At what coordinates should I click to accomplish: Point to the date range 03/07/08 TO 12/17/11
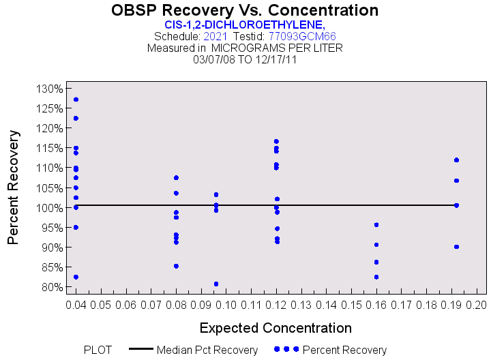pyautogui.click(x=245, y=59)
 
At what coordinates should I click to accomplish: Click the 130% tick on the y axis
pyautogui.click(x=49, y=89)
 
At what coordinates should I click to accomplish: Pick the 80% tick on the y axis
pyautogui.click(x=49, y=287)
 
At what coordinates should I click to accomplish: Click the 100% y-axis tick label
pyautogui.click(x=49, y=208)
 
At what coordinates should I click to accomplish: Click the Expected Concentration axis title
pyautogui.click(x=276, y=327)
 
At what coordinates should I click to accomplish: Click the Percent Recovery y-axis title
pyautogui.click(x=14, y=187)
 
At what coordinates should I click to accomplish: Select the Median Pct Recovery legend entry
pyautogui.click(x=207, y=350)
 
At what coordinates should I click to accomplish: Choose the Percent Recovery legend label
pyautogui.click(x=344, y=350)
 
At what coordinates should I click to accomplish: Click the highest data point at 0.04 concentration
pyautogui.click(x=76, y=100)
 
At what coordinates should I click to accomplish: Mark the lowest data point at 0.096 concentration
pyautogui.click(x=216, y=284)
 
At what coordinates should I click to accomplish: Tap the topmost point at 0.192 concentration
pyautogui.click(x=456, y=160)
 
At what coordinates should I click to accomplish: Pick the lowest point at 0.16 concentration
pyautogui.click(x=376, y=277)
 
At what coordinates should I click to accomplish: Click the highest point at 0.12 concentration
pyautogui.click(x=276, y=141)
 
